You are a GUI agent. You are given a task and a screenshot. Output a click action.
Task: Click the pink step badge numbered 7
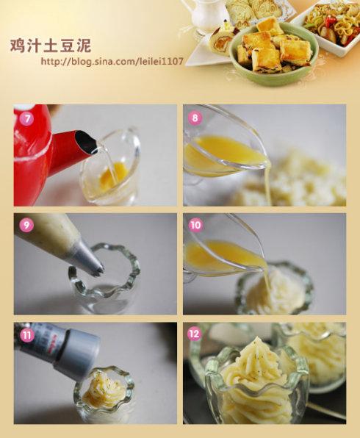(26, 119)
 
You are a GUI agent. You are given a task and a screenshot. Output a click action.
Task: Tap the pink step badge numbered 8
(195, 118)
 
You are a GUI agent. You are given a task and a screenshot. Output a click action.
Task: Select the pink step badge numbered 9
(26, 225)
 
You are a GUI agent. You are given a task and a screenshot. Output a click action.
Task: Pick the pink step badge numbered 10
(195, 225)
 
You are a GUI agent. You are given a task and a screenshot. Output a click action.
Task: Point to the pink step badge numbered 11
(26, 334)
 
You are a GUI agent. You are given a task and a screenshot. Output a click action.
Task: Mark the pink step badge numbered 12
(195, 334)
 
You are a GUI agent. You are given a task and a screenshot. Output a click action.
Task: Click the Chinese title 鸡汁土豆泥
(51, 46)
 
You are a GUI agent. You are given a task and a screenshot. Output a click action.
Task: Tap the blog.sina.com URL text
(112, 61)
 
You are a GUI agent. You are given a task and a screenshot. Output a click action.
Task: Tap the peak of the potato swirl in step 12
(256, 340)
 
